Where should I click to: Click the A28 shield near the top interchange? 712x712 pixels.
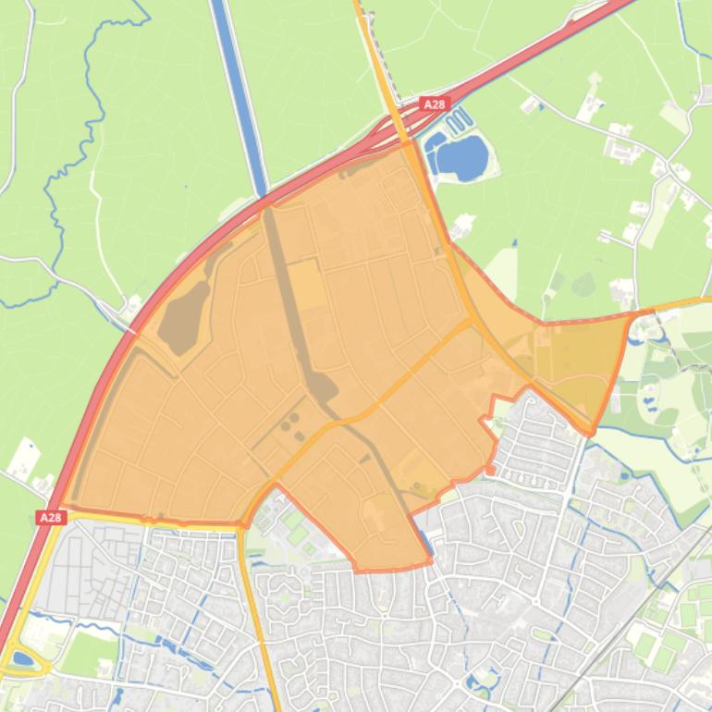pos(434,104)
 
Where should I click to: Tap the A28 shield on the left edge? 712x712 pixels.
pos(51,518)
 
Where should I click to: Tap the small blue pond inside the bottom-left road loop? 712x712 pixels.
pos(20,659)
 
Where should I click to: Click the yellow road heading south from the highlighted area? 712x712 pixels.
pos(264,629)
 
